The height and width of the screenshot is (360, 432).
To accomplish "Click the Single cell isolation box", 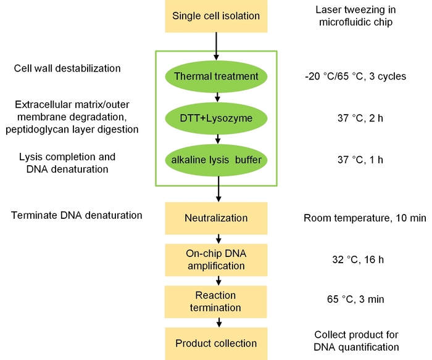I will tap(216, 16).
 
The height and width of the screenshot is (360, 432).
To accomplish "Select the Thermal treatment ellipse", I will tap(216, 76).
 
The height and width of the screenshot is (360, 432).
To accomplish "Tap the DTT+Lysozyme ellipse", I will tap(216, 117).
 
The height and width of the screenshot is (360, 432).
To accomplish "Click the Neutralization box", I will tap(216, 218).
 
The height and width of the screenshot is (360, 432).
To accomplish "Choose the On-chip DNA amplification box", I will tap(216, 259).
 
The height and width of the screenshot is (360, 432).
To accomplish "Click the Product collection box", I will tap(216, 343).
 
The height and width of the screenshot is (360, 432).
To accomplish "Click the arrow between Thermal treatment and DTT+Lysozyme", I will tap(217, 97).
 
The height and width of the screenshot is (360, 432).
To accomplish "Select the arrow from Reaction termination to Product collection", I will tap(217, 322).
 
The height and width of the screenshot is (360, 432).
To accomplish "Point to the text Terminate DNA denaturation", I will tap(77, 215).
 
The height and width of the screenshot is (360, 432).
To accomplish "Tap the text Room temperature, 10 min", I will tap(356, 218).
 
